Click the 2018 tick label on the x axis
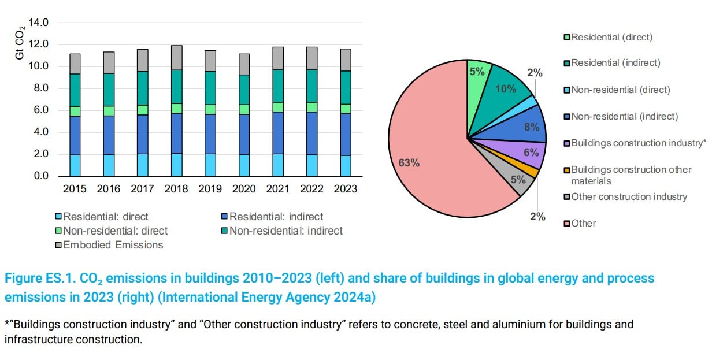(176, 189)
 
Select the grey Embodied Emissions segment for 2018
(176, 58)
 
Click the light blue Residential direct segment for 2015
(75, 165)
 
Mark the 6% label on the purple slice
(531, 153)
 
